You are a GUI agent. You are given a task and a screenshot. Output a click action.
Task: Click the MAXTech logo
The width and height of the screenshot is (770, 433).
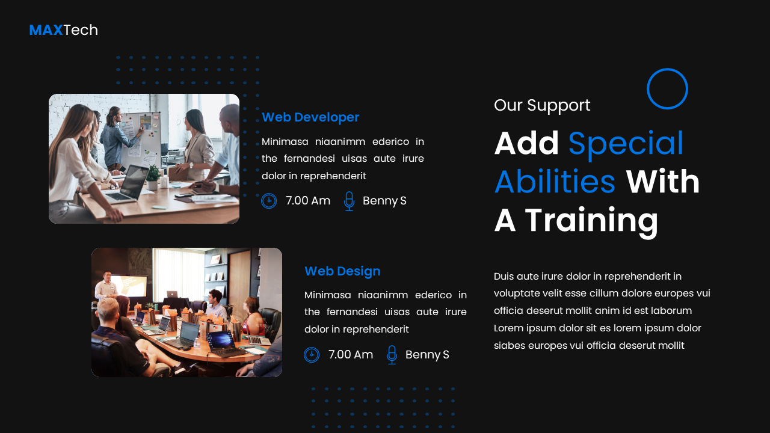pyautogui.click(x=63, y=30)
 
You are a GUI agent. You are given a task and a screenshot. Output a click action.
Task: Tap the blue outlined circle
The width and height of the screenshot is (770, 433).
pyautogui.click(x=667, y=89)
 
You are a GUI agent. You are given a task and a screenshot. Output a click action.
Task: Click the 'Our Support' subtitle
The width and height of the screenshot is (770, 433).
pyautogui.click(x=542, y=105)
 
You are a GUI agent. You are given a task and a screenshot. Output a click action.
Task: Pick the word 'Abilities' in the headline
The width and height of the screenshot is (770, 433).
pyautogui.click(x=555, y=182)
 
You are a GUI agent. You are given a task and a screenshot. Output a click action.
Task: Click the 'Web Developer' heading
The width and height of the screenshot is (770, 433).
pyautogui.click(x=310, y=117)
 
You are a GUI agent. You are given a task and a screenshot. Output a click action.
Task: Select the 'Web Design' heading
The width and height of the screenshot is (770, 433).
pyautogui.click(x=342, y=271)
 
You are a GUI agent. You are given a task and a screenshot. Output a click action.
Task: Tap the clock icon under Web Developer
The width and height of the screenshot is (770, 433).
pyautogui.click(x=269, y=201)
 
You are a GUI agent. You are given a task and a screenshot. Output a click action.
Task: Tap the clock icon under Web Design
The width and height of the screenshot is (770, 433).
pyautogui.click(x=312, y=355)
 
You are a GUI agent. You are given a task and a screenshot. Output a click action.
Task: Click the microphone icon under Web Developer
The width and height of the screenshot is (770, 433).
pyautogui.click(x=349, y=201)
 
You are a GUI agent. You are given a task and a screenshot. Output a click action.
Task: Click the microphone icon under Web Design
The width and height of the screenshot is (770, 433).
pyautogui.click(x=392, y=355)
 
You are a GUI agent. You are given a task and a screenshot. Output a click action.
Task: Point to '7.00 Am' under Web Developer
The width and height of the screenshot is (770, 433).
pyautogui.click(x=308, y=201)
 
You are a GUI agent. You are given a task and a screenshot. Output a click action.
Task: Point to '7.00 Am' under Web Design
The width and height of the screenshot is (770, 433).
pyautogui.click(x=351, y=355)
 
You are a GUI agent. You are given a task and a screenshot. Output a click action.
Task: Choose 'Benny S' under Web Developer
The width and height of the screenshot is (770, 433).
pyautogui.click(x=384, y=201)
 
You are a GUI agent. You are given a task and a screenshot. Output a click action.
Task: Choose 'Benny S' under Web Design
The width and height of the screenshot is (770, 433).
pyautogui.click(x=427, y=355)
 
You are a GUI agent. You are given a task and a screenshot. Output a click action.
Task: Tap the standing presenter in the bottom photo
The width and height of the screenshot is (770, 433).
pyautogui.click(x=107, y=285)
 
